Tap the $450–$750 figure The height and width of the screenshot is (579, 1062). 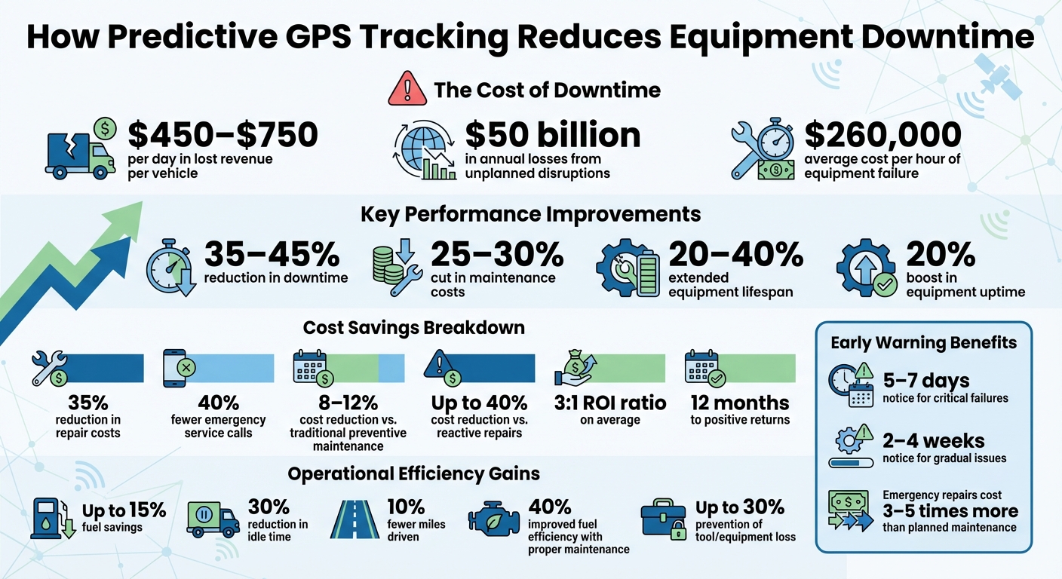pyautogui.click(x=223, y=135)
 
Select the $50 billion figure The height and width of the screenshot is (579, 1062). pyautogui.click(x=553, y=135)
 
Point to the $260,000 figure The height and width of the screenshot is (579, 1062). pyautogui.click(x=882, y=135)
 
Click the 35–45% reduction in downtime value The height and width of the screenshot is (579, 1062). pyautogui.click(x=272, y=256)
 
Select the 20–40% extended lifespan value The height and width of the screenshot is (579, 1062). pyautogui.click(x=735, y=256)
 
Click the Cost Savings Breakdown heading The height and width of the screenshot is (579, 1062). pyautogui.click(x=413, y=329)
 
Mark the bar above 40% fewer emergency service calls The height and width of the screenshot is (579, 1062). pyautogui.click(x=236, y=368)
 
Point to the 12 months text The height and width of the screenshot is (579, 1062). pyautogui.click(x=739, y=403)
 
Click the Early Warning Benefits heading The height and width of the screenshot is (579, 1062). pyautogui.click(x=923, y=343)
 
